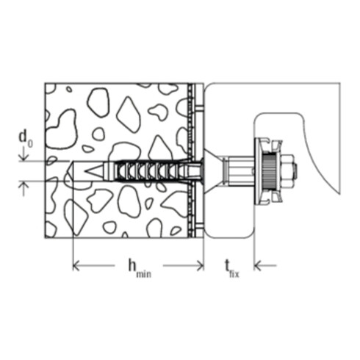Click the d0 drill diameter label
coord(26,140)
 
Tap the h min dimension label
coord(140,269)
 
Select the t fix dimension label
coord(232,269)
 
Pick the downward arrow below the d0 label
coord(24,154)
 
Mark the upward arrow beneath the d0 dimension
coord(24,189)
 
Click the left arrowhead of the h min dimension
coord(76,265)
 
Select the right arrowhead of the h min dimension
coord(201,265)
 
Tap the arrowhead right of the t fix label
coord(257,265)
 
